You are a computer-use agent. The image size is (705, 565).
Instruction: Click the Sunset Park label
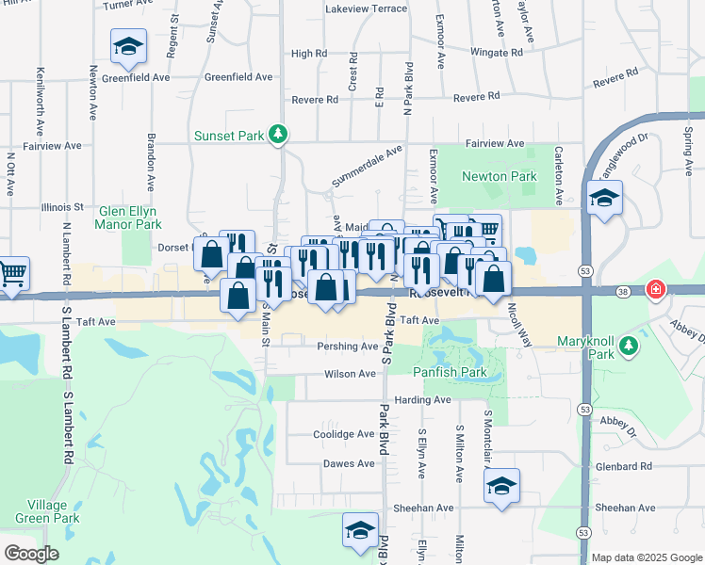tap(229, 136)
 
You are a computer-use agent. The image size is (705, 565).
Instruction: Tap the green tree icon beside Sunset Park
tap(277, 136)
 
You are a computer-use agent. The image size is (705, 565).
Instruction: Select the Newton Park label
tap(499, 176)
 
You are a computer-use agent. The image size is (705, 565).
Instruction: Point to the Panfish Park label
tap(449, 372)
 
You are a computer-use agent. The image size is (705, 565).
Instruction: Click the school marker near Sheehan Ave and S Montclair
tap(502, 487)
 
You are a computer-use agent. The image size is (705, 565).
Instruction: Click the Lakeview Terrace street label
tap(366, 8)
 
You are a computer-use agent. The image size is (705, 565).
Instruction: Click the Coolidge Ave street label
tap(343, 434)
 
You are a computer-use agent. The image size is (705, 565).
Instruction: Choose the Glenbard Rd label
tap(623, 466)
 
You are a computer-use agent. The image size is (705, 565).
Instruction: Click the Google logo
tap(32, 554)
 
